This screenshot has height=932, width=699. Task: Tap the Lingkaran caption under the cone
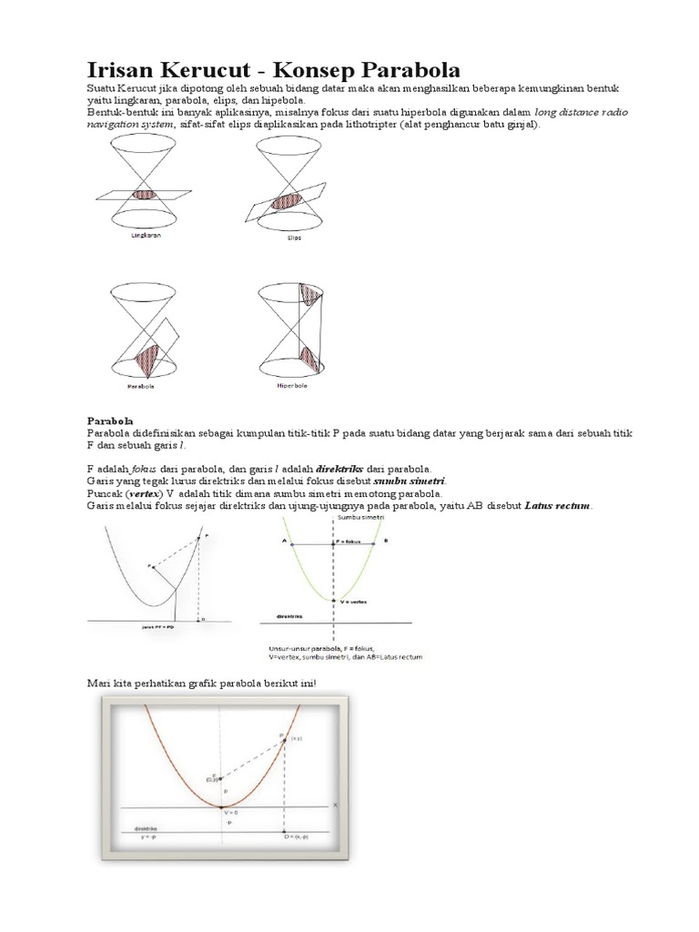(137, 234)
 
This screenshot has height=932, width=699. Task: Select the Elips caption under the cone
(293, 238)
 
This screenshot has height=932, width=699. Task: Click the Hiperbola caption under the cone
(292, 385)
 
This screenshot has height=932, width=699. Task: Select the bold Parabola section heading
(110, 421)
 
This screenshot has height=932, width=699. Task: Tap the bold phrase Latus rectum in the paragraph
(558, 505)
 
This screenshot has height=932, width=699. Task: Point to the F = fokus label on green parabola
(349, 541)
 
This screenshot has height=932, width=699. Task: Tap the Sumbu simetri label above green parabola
(356, 516)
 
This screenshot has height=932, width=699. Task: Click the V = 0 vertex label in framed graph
(228, 812)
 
